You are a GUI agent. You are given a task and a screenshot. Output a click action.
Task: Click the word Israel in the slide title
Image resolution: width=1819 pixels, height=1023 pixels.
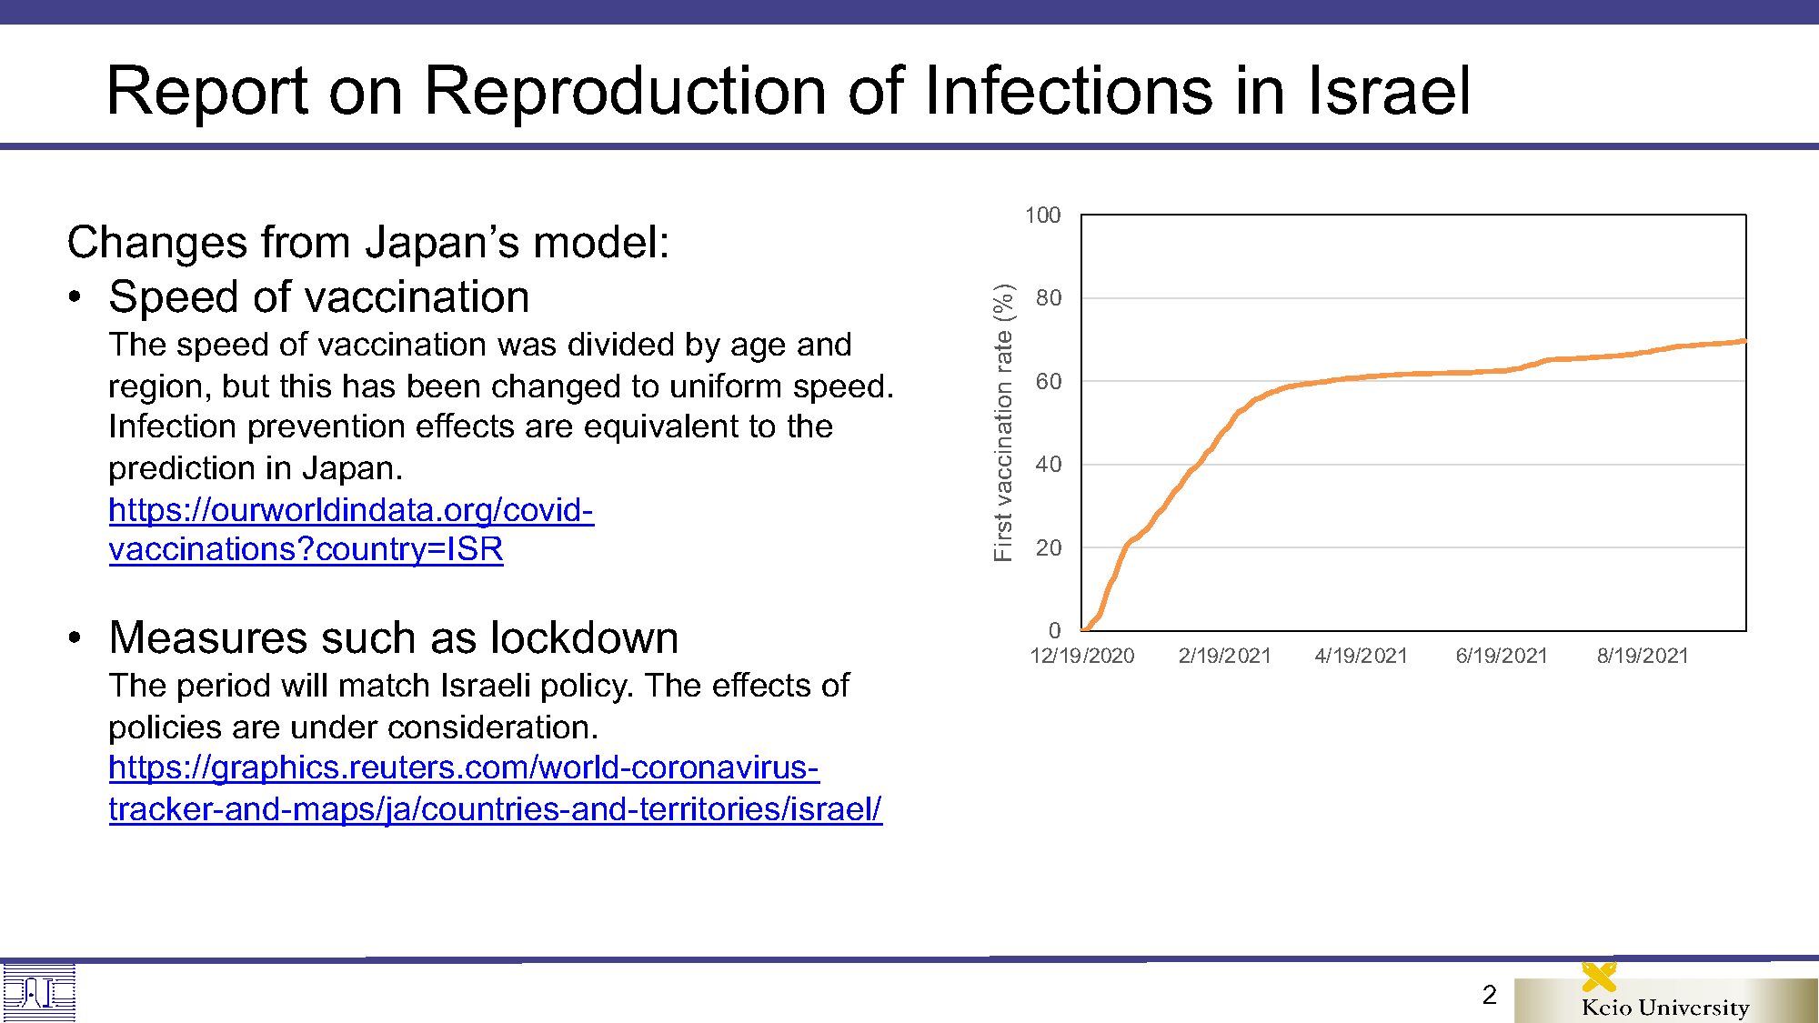point(1389,91)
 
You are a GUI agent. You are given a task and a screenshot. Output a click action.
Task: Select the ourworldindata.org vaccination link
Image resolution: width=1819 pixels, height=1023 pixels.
point(351,529)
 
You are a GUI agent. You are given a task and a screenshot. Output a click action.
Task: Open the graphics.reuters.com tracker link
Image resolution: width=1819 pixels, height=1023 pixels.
point(496,787)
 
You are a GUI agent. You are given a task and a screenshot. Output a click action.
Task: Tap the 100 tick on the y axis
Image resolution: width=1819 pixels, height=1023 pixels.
point(1043,216)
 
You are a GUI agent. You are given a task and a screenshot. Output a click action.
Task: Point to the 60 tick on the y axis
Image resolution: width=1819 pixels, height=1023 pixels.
point(1049,382)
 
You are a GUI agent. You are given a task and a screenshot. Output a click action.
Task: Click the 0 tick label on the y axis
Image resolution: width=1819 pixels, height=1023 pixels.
point(1055,630)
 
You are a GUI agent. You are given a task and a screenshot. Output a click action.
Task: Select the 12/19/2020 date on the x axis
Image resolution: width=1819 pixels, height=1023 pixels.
point(1082,656)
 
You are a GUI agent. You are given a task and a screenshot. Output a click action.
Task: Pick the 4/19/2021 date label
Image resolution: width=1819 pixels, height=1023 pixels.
point(1362,656)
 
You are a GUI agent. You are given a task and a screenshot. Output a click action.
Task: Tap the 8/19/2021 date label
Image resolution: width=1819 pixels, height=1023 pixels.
point(1643,656)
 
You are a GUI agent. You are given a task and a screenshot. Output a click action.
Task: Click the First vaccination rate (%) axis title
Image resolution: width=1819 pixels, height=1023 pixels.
point(1003,423)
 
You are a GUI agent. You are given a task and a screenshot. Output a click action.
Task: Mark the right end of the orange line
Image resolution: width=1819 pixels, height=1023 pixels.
point(1745,341)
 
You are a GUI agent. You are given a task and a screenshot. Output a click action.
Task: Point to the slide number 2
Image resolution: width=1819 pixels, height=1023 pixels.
point(1490,995)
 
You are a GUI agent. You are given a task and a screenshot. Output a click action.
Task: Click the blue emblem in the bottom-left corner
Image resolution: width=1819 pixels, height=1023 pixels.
point(38,993)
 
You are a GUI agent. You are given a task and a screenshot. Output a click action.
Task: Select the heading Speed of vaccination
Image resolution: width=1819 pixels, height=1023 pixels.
point(319,297)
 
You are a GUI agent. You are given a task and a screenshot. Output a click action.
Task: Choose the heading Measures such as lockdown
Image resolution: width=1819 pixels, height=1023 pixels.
point(394,637)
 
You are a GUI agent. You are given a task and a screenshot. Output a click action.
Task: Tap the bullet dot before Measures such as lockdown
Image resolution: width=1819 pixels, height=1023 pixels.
point(75,638)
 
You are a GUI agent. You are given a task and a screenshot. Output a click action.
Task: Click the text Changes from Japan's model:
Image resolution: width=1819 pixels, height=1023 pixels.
point(368,243)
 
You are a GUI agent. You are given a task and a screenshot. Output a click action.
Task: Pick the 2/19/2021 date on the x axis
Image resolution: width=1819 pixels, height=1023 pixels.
point(1224,656)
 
